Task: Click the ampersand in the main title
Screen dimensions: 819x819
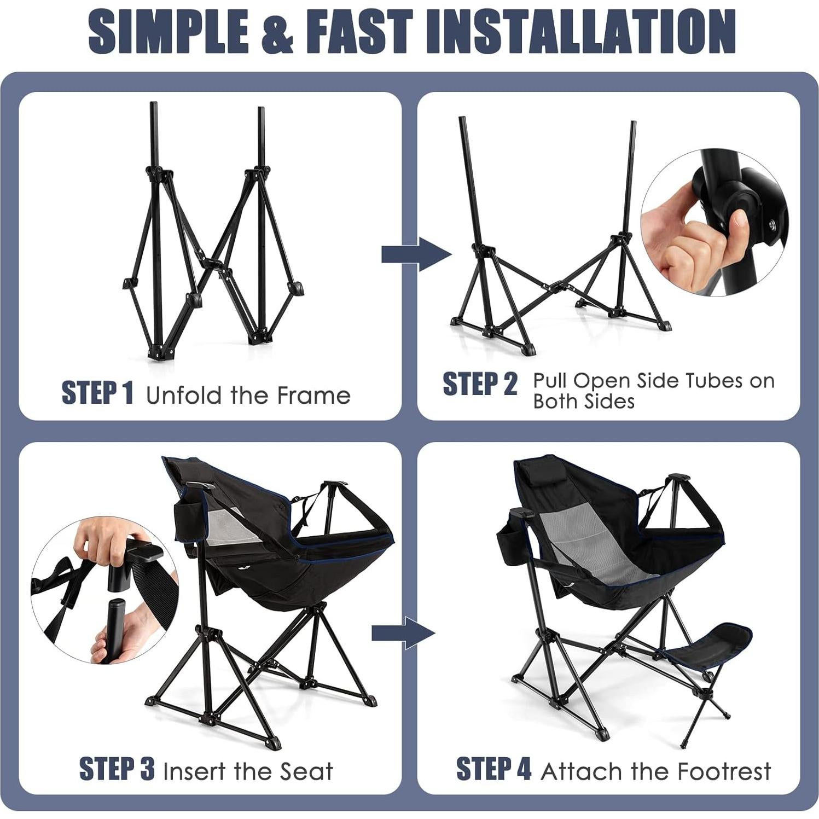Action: coord(276,31)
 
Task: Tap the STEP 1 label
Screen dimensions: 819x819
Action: coord(97,393)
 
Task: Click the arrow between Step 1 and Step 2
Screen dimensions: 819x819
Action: coord(416,254)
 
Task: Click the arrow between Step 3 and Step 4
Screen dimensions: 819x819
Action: coord(404,633)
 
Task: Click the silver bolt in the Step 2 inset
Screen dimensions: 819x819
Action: coord(772,223)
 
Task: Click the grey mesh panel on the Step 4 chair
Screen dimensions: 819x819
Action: coord(585,553)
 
